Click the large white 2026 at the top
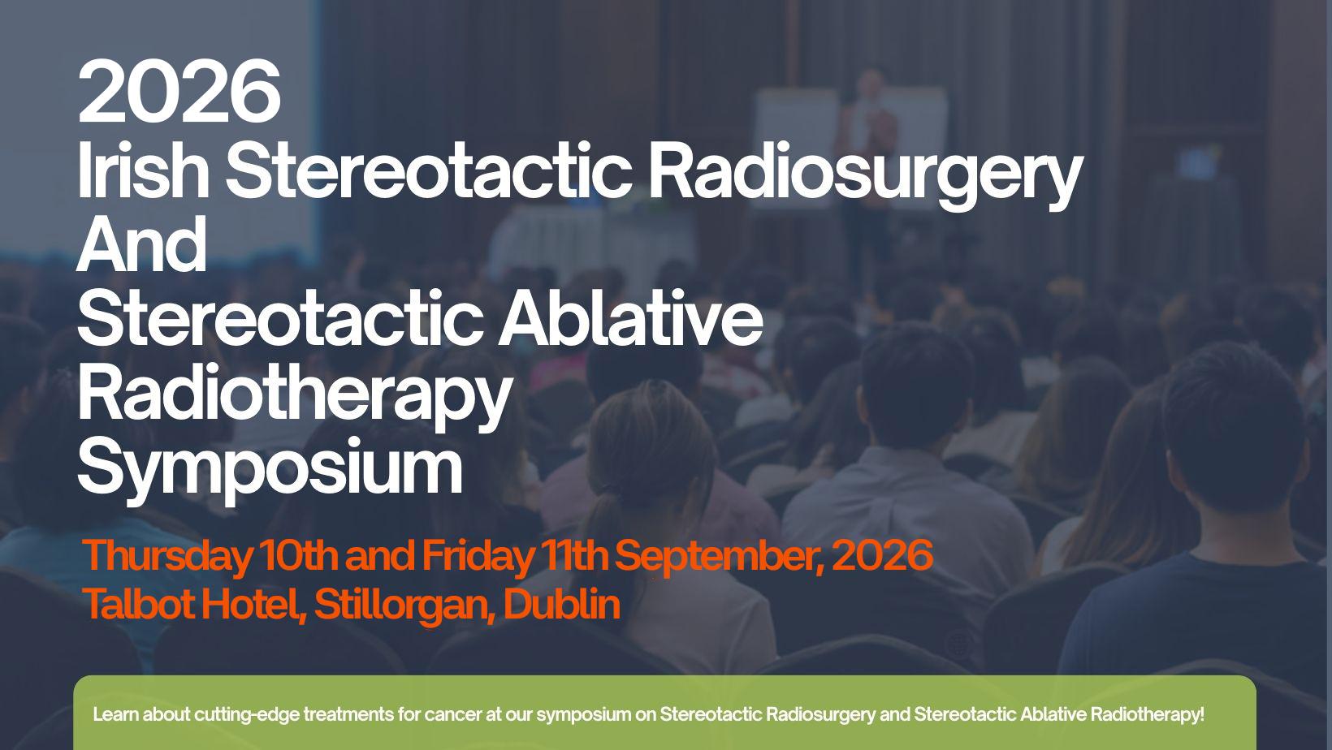point(179,91)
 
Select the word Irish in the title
point(143,170)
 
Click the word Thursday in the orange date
point(166,557)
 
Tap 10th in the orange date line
point(298,554)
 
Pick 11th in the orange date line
point(574,554)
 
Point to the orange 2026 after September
point(882,554)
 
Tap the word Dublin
point(561,603)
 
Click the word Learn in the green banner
point(116,713)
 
